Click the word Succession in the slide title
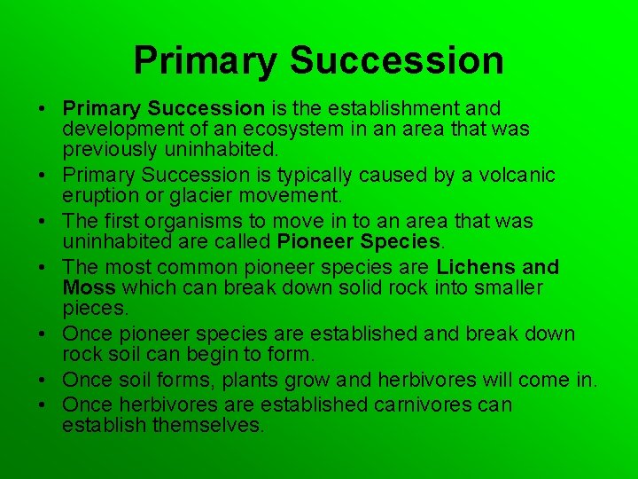396,60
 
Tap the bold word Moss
89,287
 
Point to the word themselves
209,425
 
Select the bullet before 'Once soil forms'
43,381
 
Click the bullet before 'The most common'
43,267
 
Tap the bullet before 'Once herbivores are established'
43,404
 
